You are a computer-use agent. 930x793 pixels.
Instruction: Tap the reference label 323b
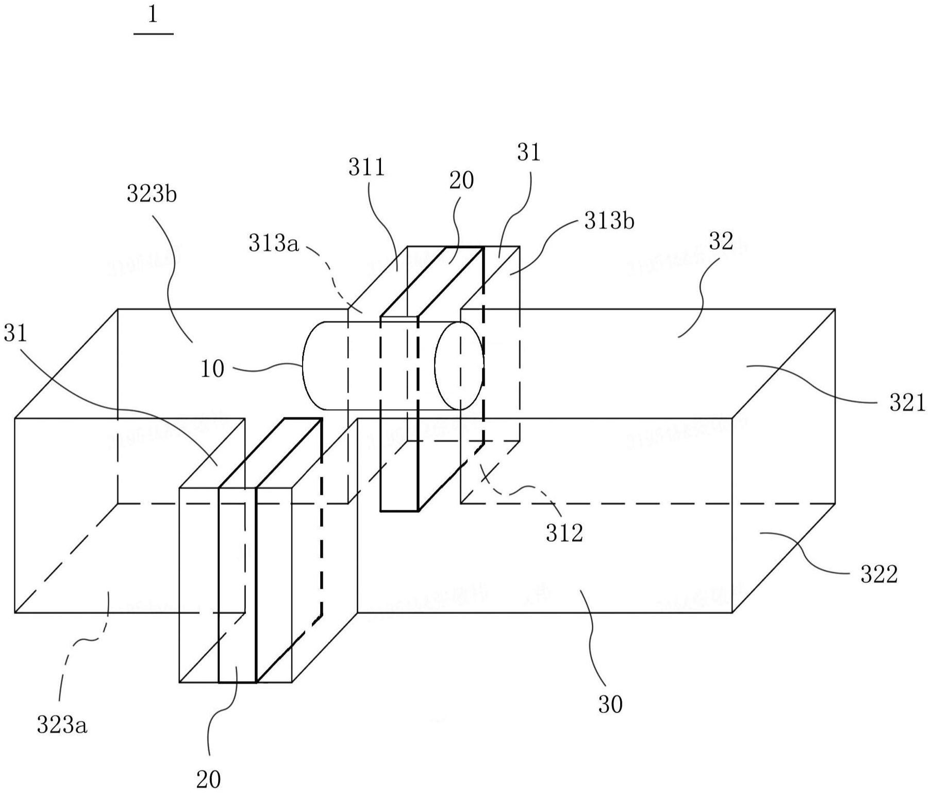click(152, 195)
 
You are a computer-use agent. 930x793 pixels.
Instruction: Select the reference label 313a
click(274, 243)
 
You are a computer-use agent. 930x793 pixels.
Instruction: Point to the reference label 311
click(367, 167)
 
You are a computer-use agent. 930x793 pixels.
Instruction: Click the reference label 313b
click(609, 221)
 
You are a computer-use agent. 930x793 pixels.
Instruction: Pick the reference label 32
click(721, 241)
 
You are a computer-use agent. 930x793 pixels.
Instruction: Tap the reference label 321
click(907, 402)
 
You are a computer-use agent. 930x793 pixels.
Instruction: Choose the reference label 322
click(879, 574)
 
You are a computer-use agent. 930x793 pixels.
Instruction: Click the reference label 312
click(564, 532)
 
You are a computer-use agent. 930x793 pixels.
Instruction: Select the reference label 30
click(610, 704)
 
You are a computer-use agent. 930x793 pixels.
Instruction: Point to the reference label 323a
click(62, 725)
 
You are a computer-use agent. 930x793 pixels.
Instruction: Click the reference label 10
click(212, 369)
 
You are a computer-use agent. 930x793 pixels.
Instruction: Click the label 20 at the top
click(461, 181)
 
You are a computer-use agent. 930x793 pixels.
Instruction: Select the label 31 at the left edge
click(15, 334)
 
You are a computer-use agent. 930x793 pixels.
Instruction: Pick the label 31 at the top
click(529, 153)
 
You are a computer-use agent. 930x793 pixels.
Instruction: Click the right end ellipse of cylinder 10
click(459, 365)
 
